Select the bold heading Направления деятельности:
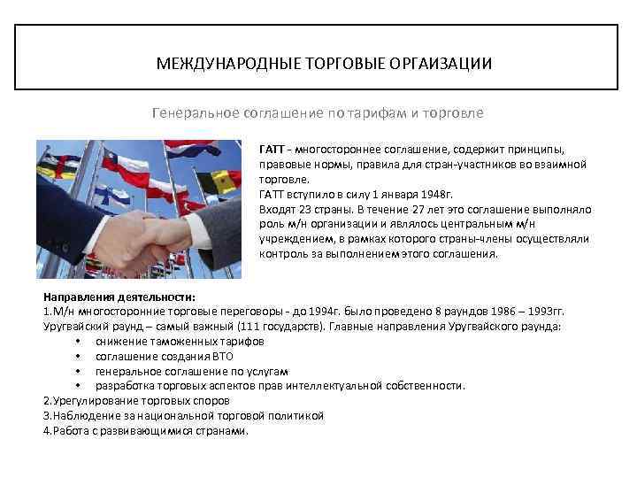click(x=119, y=298)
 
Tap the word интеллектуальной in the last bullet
click(x=347, y=386)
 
